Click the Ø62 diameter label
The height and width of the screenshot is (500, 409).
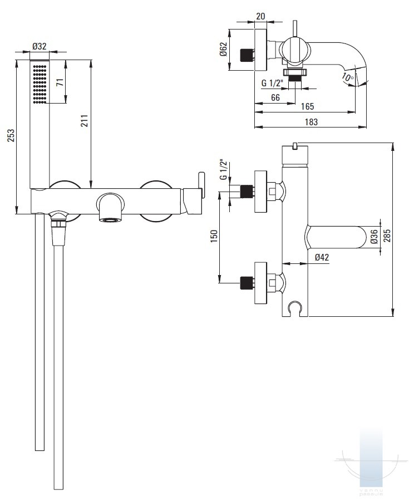tap(223, 51)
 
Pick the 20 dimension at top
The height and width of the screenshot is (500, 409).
tap(260, 16)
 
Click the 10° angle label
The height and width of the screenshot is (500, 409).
tap(348, 78)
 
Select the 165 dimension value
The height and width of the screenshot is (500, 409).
tap(307, 106)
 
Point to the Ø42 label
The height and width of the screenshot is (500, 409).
tap(322, 257)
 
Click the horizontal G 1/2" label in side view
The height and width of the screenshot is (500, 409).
tap(273, 84)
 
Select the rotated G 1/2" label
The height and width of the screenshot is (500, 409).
tap(223, 169)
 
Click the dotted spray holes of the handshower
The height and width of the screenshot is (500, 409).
tap(39, 84)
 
